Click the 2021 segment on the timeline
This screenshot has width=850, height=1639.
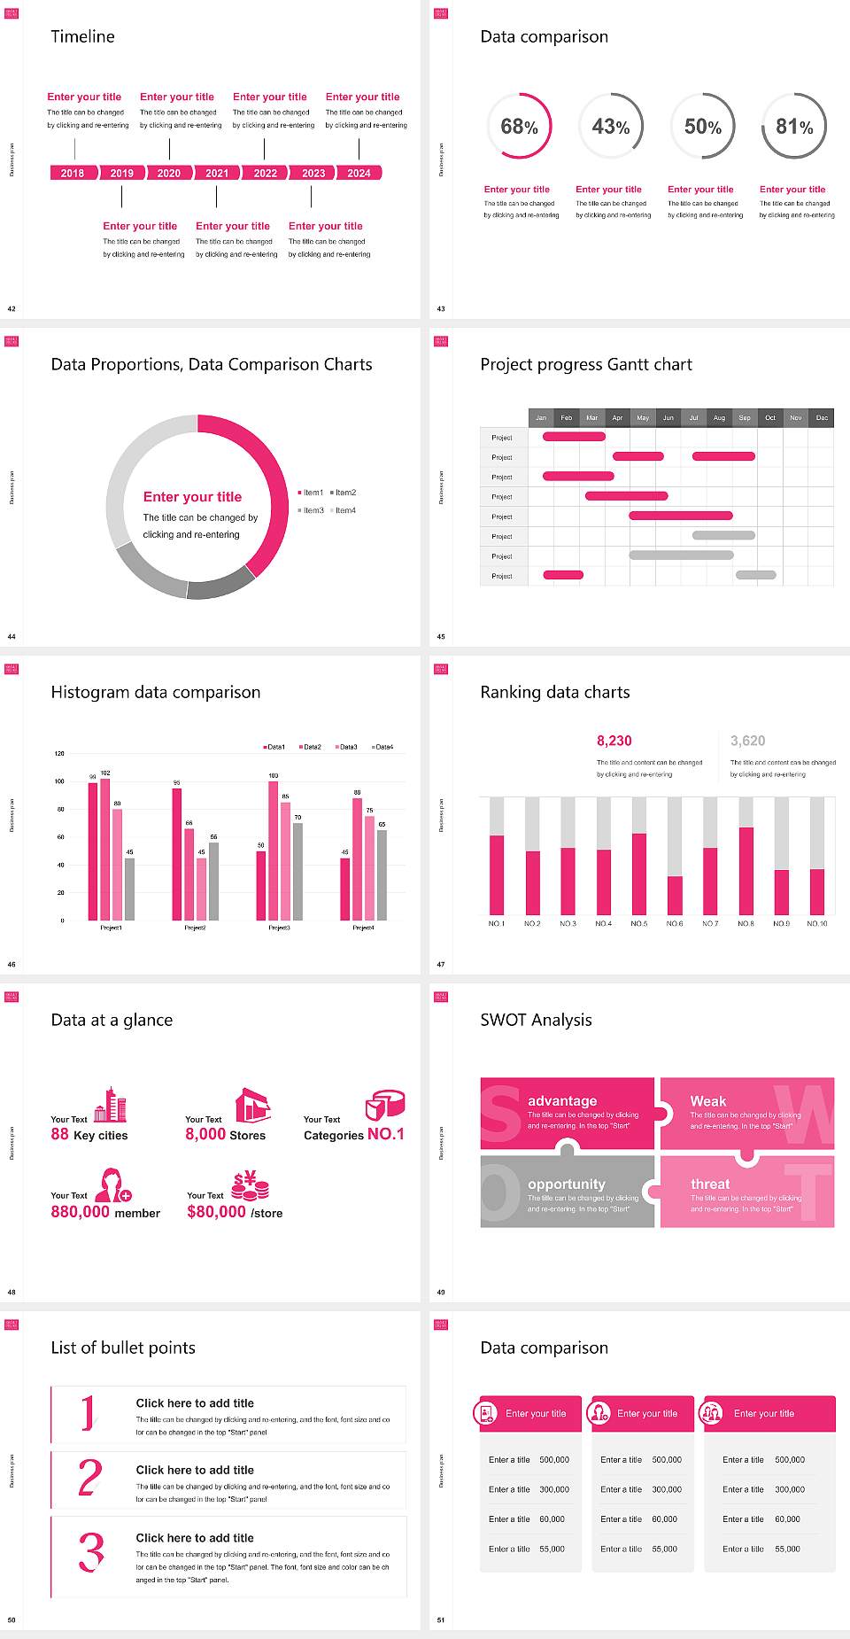(x=217, y=173)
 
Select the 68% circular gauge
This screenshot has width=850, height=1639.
(x=519, y=126)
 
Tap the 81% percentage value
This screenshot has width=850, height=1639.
(x=794, y=127)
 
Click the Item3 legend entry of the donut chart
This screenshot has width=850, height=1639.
(x=311, y=510)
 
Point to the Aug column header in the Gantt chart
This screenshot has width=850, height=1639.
(x=719, y=417)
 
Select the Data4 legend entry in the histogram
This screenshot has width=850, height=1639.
(x=382, y=747)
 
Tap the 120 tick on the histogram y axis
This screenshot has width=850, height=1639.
(x=59, y=754)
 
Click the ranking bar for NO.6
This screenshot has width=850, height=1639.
(x=675, y=895)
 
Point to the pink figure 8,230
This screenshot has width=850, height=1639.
(x=614, y=741)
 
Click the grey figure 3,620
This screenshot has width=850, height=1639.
(x=748, y=741)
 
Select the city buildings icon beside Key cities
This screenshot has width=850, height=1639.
(x=111, y=1105)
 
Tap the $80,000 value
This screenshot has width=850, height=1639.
(x=216, y=1212)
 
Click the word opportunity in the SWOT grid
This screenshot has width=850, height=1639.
(x=567, y=1185)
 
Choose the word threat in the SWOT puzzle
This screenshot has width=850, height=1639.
(x=710, y=1185)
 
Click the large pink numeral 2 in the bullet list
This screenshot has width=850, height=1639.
(x=89, y=1478)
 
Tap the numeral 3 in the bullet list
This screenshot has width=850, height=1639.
(x=91, y=1552)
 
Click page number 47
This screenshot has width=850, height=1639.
(x=441, y=964)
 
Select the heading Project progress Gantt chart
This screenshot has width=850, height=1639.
(x=586, y=364)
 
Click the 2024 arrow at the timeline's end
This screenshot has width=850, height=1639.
(x=359, y=173)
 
